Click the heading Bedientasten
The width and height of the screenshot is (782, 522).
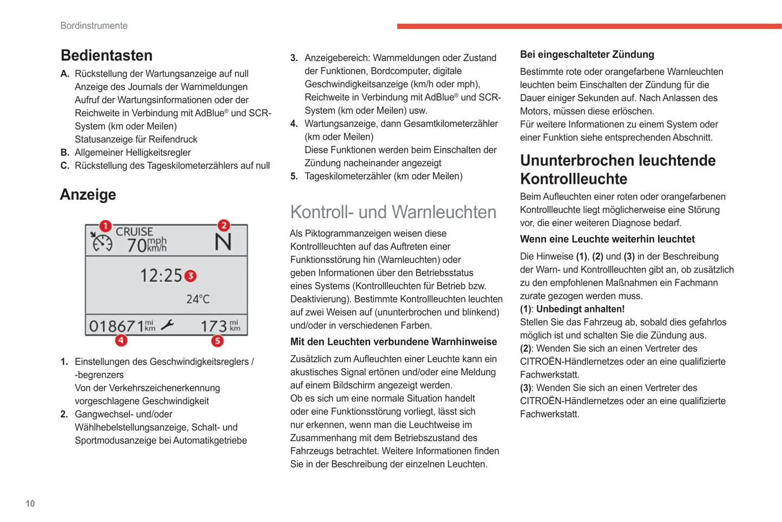click(x=107, y=55)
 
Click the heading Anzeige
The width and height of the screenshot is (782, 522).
click(x=88, y=194)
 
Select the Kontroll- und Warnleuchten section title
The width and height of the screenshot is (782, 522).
click(x=393, y=212)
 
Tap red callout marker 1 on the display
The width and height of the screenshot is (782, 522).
click(x=105, y=225)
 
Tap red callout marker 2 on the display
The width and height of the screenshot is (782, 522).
click(x=224, y=225)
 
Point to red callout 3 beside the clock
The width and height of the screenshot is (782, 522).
click(x=190, y=276)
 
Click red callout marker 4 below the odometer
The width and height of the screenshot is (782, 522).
click(x=121, y=340)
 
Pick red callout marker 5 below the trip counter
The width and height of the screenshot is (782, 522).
click(x=217, y=341)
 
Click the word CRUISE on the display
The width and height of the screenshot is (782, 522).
click(x=134, y=232)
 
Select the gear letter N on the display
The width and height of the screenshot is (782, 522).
click(x=223, y=242)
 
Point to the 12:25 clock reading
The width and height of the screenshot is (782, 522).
click(x=161, y=276)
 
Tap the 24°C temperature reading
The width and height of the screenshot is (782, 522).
click(x=198, y=299)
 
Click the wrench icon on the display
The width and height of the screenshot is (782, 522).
click(x=168, y=325)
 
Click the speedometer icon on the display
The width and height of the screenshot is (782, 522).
click(x=101, y=243)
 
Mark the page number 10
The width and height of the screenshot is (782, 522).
click(x=30, y=504)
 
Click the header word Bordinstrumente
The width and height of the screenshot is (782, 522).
click(x=94, y=25)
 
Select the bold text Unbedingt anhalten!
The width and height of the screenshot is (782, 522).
click(x=580, y=309)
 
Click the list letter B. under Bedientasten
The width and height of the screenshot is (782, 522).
click(x=65, y=153)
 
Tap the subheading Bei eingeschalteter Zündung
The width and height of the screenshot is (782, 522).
click(x=587, y=54)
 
